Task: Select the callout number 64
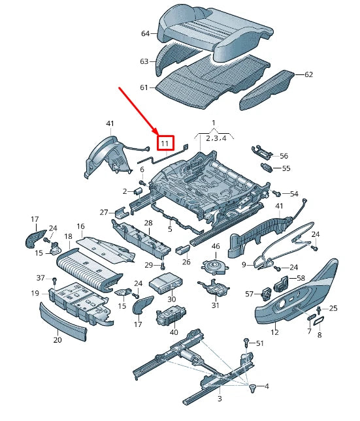pos(145,33)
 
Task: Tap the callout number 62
pos(308,74)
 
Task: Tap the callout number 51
pos(259,343)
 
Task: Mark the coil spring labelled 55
pos(266,168)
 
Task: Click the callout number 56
pos(284,156)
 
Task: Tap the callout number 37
pos(41,278)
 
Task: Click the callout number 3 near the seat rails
pos(220,398)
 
